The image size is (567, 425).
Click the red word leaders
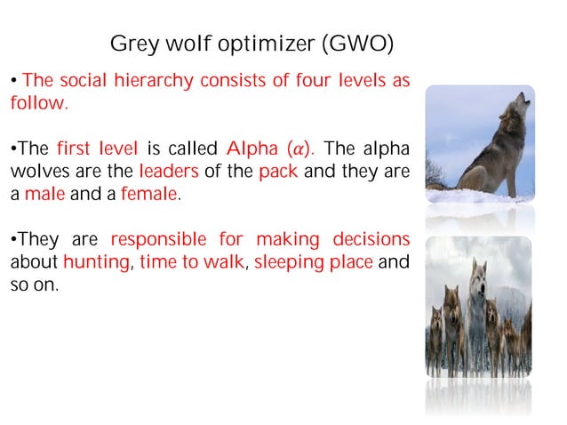171,171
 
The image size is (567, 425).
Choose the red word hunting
93,262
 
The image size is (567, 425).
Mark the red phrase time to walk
196,262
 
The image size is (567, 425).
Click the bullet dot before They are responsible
13,240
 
